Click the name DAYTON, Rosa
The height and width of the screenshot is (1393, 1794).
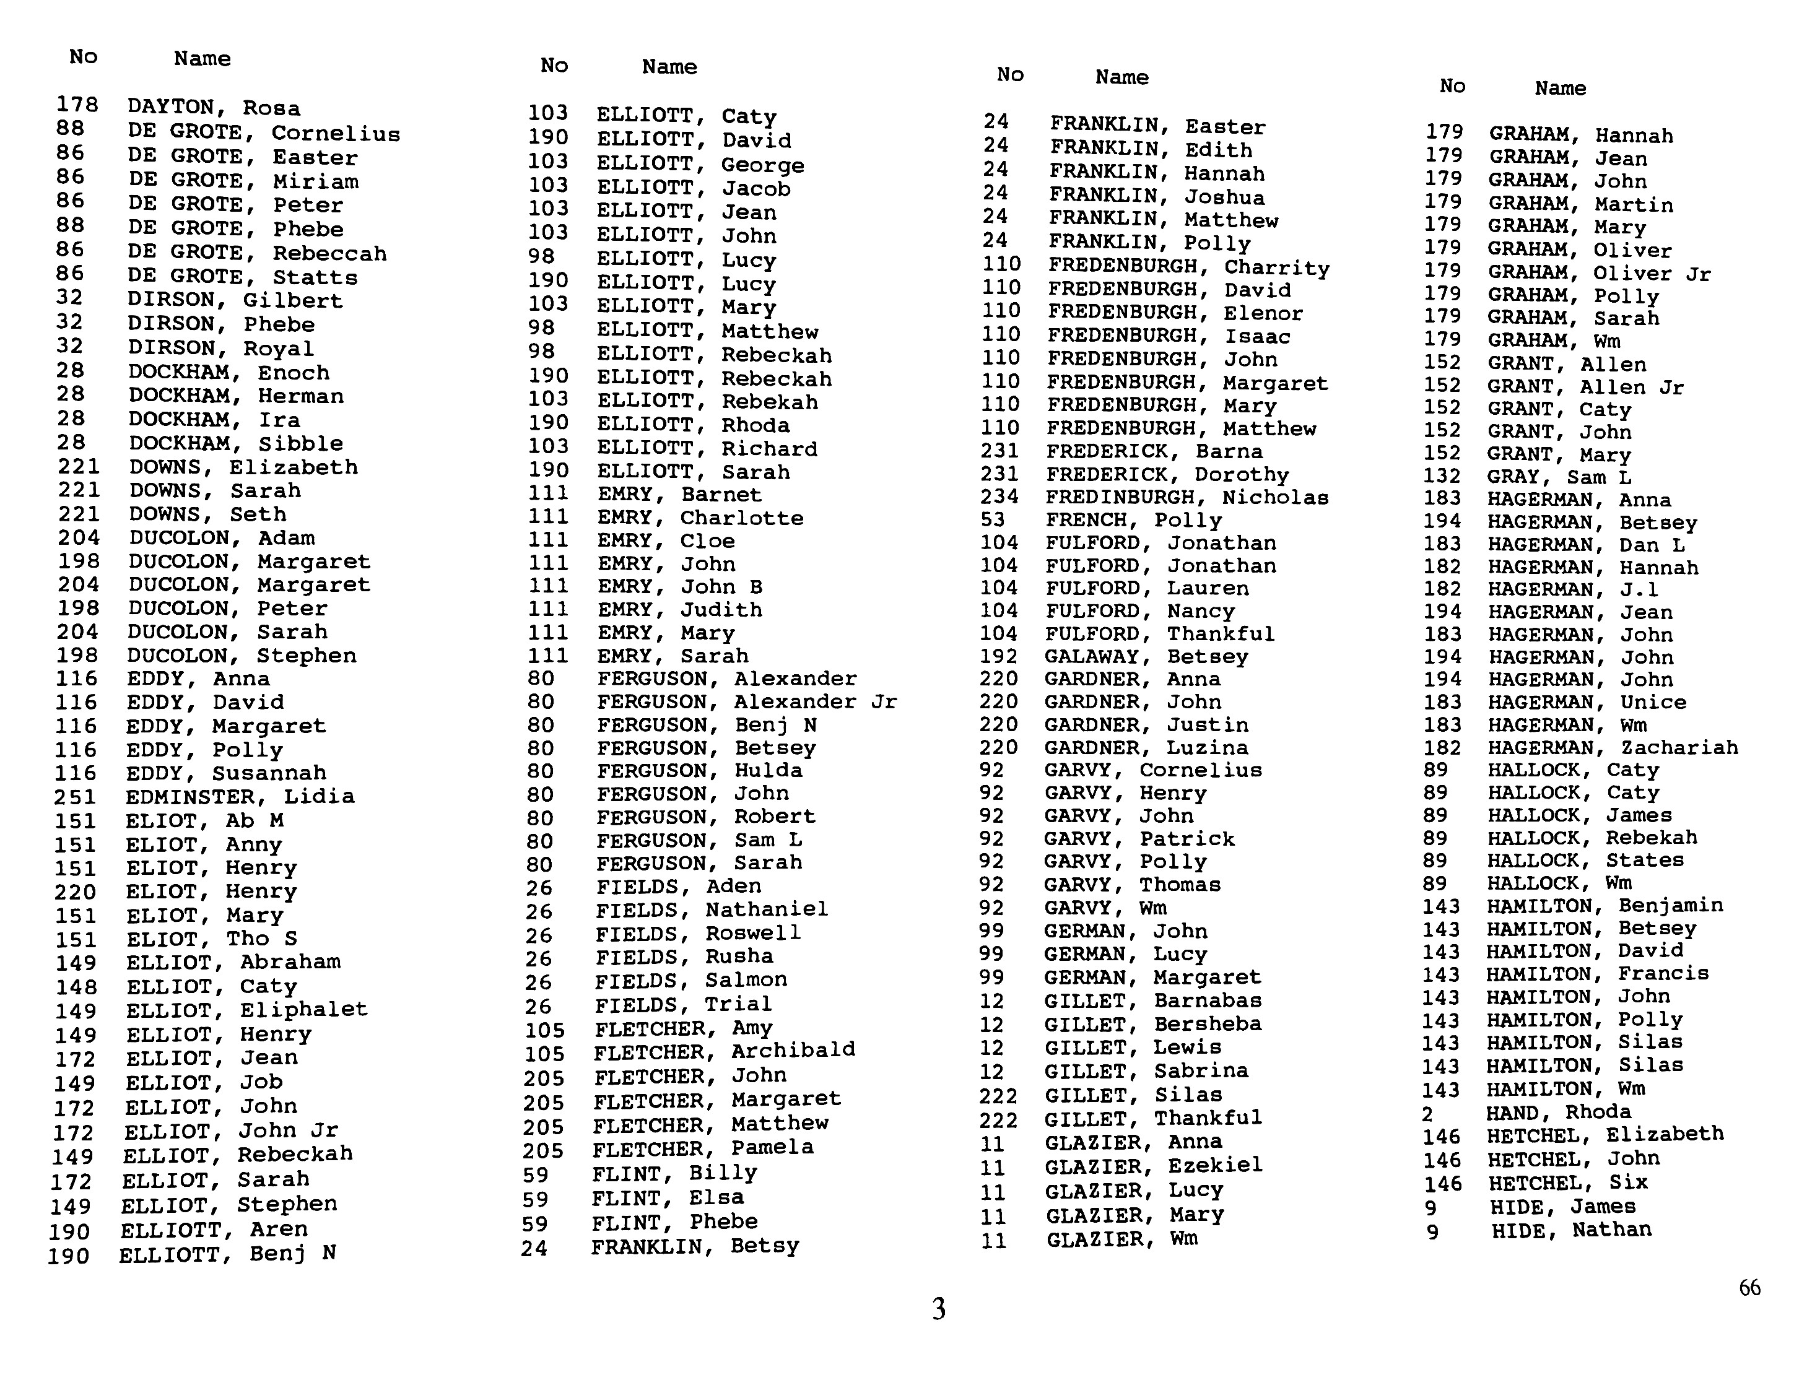(x=214, y=108)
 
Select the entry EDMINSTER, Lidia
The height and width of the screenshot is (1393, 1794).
(x=240, y=797)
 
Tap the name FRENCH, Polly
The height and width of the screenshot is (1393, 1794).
(x=1134, y=520)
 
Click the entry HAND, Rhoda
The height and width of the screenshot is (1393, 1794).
(x=1558, y=1112)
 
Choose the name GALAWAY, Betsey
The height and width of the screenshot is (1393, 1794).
(x=1146, y=656)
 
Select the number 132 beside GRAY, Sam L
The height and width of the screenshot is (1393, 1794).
(x=1442, y=476)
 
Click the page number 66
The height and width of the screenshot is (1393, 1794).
(x=1749, y=1287)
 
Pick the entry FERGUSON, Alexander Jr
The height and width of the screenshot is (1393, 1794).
(x=747, y=702)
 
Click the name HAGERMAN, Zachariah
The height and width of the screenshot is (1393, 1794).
(x=1613, y=747)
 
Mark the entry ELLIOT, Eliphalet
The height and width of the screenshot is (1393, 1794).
(x=246, y=1009)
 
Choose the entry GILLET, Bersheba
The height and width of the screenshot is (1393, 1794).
(x=1152, y=1024)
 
